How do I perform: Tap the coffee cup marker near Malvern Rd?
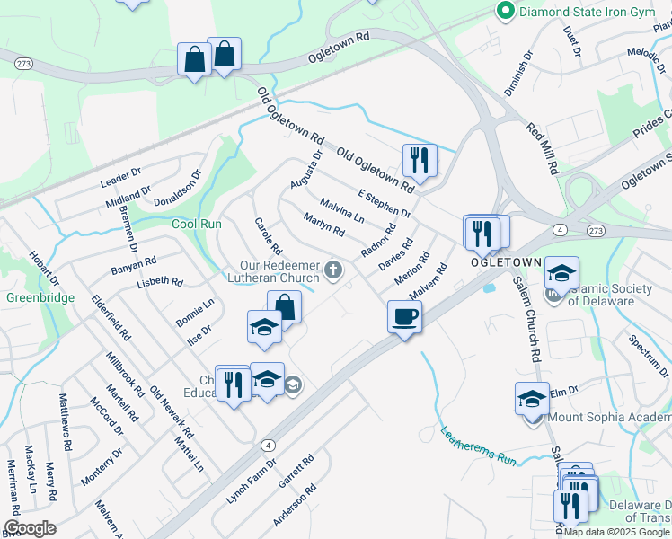(x=404, y=316)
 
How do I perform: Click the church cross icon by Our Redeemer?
(x=333, y=269)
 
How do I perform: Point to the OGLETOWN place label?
(x=506, y=261)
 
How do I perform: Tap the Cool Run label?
(x=196, y=224)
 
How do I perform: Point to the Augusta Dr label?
(x=305, y=171)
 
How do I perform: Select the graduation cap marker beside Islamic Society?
(x=561, y=274)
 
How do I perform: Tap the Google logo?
(x=30, y=528)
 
